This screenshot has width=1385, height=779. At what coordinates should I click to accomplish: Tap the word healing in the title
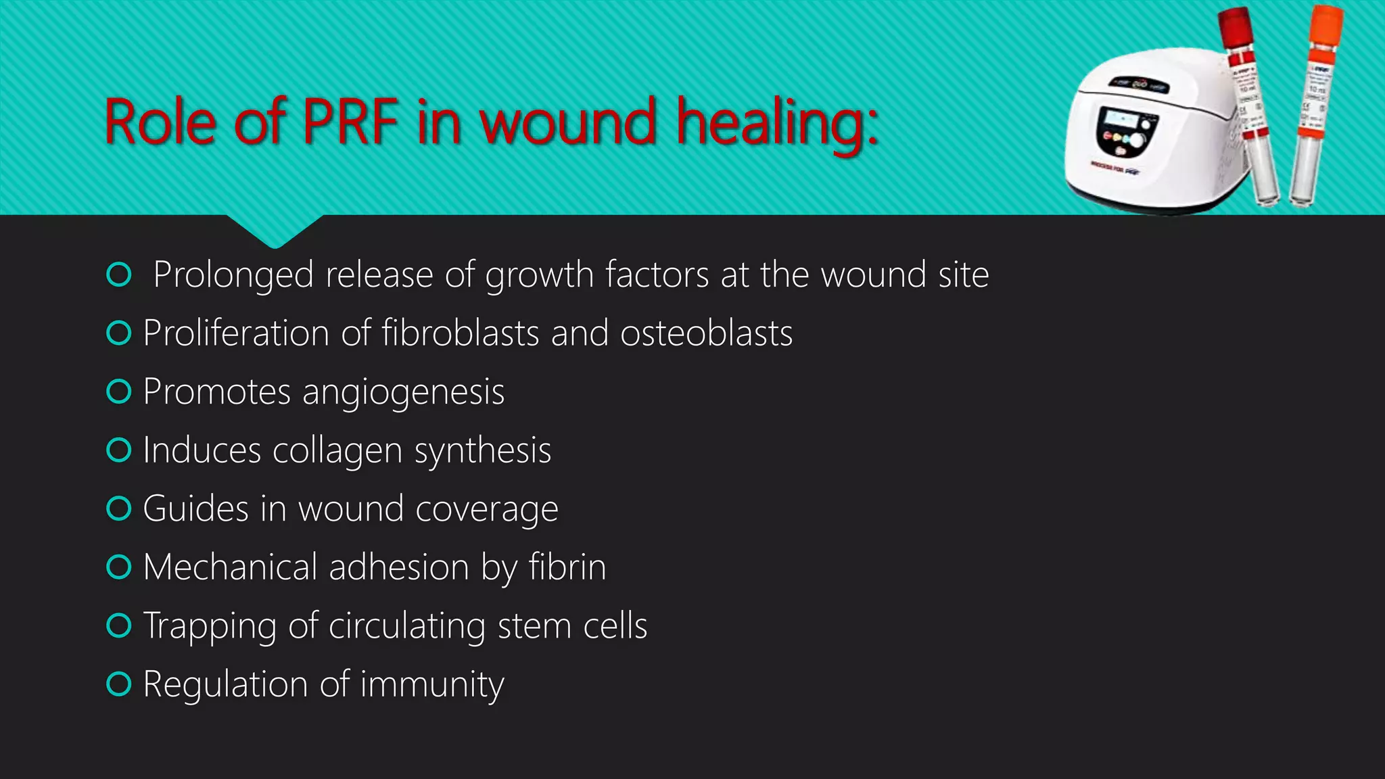point(778,124)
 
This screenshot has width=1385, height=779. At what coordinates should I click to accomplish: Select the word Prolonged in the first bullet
point(233,275)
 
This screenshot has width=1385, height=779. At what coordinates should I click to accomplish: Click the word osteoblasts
point(706,333)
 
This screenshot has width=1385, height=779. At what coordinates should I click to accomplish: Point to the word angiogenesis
point(403,393)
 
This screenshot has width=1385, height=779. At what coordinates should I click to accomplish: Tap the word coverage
point(487,509)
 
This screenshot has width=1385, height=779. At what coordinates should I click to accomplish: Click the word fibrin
point(567,567)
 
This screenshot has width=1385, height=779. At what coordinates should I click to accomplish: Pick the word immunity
point(432,685)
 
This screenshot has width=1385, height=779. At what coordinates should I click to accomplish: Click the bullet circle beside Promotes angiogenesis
point(119,392)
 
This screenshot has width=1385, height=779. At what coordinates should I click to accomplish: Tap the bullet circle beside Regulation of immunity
point(119,684)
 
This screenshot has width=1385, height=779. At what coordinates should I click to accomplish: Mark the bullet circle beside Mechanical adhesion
point(119,567)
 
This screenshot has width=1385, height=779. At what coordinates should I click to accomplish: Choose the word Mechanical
point(230,567)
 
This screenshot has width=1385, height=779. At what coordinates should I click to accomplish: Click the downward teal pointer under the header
point(275,231)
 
